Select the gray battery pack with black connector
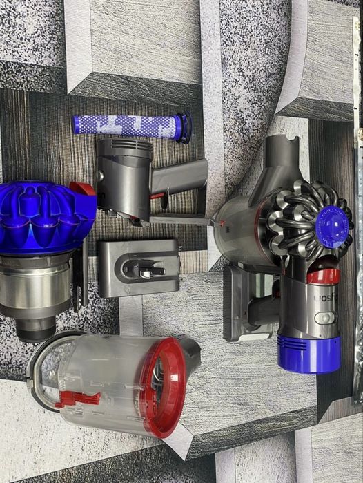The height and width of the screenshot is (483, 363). [x=138, y=267]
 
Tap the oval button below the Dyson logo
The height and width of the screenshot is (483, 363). [x=324, y=319]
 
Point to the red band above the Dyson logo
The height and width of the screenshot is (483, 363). [x=322, y=276]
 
